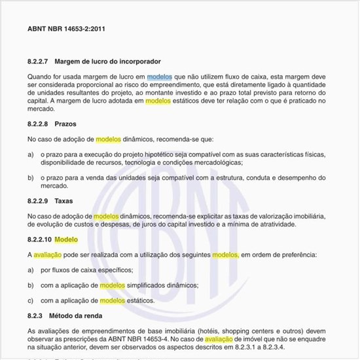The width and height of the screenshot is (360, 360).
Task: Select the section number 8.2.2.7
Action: point(39,62)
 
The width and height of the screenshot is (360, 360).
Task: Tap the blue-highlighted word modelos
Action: point(160,77)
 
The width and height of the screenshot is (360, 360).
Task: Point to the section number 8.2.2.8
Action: point(39,124)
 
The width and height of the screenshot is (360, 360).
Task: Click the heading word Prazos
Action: point(67,124)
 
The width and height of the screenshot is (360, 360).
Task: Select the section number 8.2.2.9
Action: point(39,201)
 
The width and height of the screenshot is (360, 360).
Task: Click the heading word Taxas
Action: point(64,201)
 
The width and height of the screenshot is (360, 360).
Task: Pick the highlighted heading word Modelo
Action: point(66,240)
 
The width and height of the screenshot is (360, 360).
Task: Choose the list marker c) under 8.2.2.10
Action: point(31,301)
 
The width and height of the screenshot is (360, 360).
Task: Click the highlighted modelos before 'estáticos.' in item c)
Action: point(112,301)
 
